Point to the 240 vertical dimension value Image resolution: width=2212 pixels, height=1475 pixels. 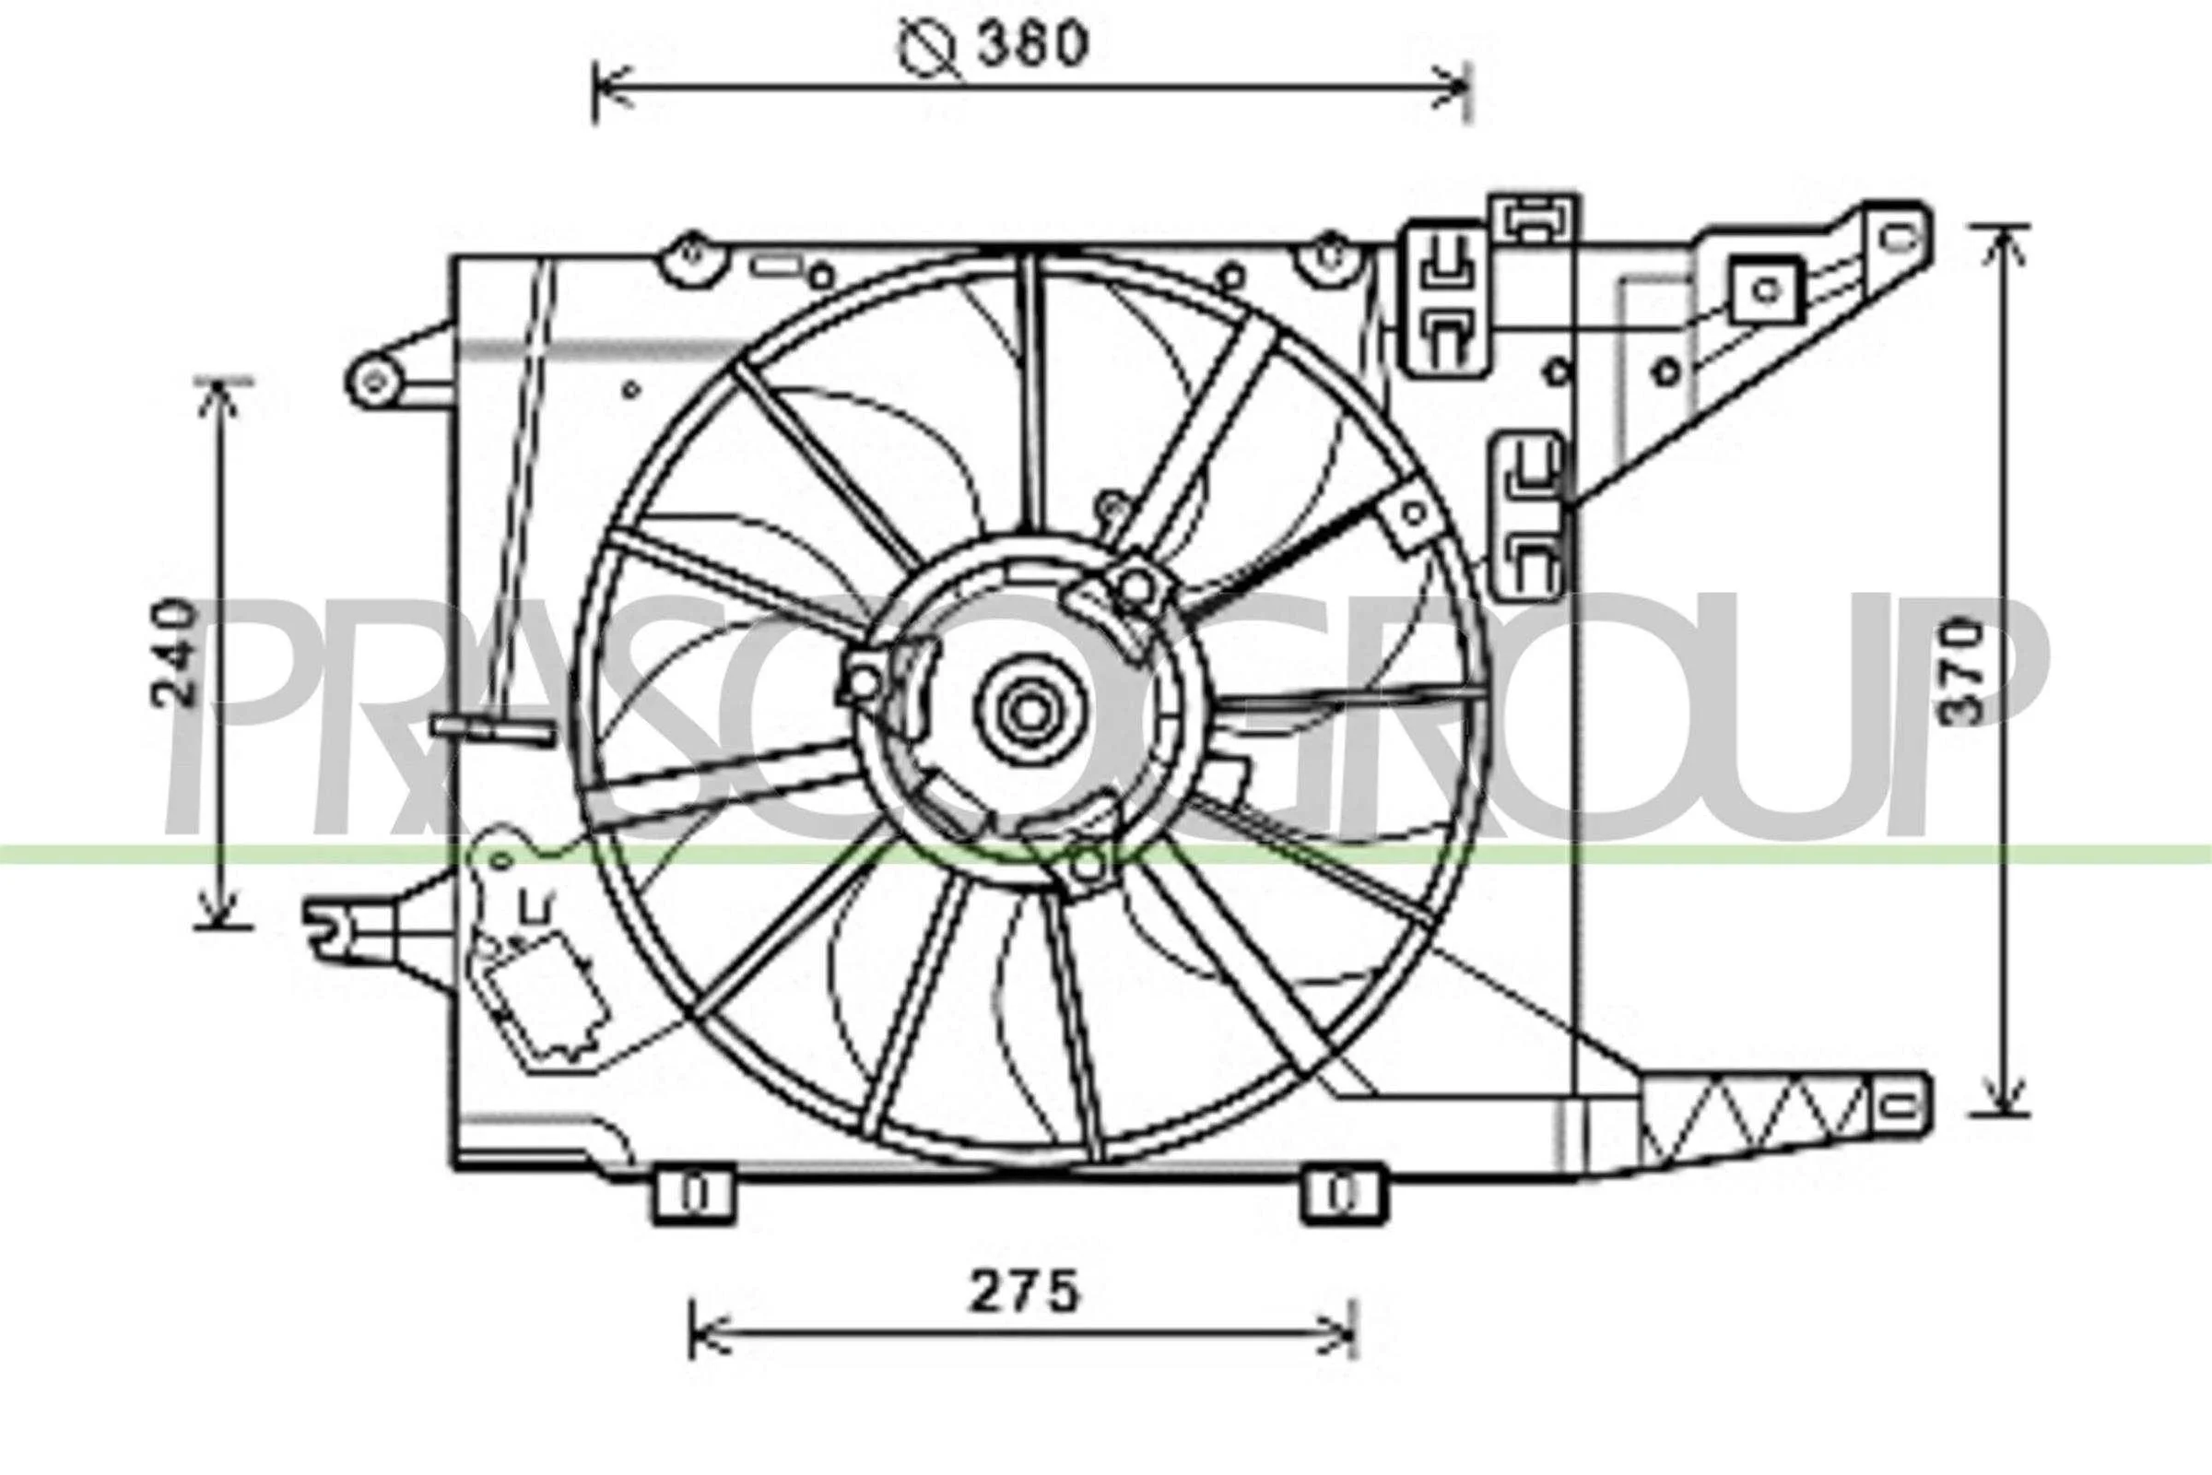176,652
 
